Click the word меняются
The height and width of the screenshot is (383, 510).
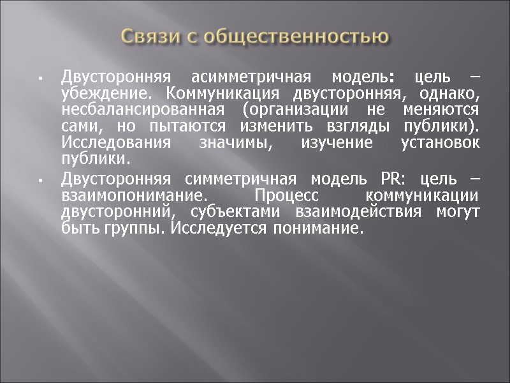tap(442, 109)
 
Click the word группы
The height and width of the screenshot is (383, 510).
tap(129, 227)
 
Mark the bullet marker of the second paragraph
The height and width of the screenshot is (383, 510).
tap(40, 181)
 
